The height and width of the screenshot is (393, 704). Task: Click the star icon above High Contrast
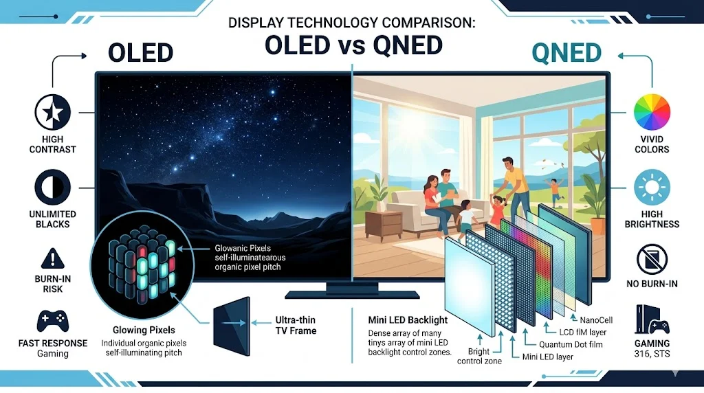tap(53, 111)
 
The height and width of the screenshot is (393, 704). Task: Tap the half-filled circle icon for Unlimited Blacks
tap(53, 188)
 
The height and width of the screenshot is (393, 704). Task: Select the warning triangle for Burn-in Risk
tap(53, 259)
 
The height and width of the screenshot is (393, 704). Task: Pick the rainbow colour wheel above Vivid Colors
tap(651, 111)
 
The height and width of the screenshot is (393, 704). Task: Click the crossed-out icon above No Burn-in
tap(651, 259)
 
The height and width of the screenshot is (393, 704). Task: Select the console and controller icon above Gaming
tap(652, 320)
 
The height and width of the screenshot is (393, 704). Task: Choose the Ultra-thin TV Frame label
tap(296, 326)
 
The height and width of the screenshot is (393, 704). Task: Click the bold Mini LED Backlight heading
tap(408, 319)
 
